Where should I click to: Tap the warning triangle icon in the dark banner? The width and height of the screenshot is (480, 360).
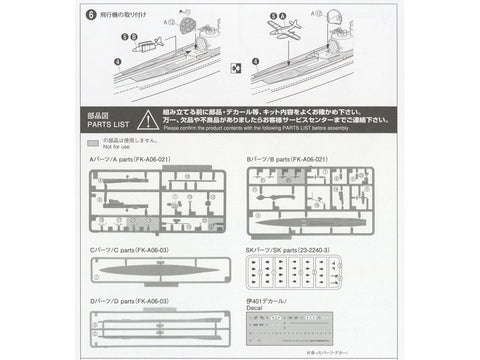[148, 120]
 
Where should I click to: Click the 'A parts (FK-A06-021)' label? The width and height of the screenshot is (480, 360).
[125, 159]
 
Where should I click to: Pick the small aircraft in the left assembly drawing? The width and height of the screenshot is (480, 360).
[146, 45]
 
